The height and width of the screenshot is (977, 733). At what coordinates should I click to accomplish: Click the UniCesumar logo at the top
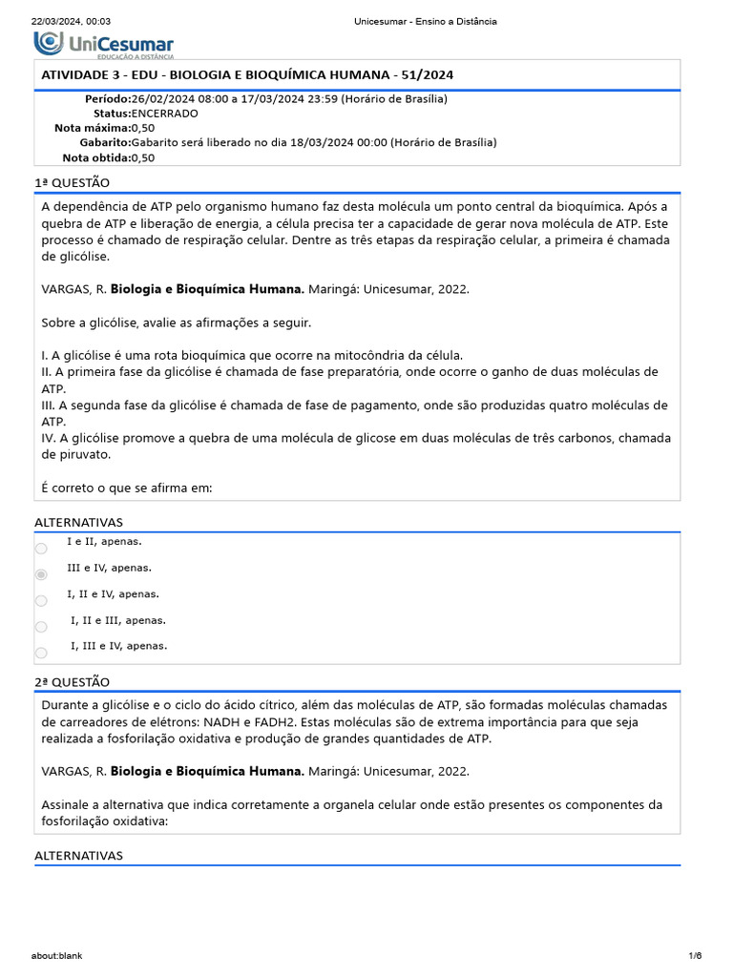104,43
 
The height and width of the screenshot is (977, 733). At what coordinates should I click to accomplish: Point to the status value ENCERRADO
165,113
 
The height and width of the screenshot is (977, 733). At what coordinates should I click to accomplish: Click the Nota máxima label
92,127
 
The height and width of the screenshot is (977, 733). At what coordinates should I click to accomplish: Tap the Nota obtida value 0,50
143,157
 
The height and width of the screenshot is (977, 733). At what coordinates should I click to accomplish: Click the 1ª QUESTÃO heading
73,182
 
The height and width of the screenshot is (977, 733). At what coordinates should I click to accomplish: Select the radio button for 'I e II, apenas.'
40,549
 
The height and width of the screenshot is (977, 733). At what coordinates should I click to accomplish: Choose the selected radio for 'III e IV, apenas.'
40,574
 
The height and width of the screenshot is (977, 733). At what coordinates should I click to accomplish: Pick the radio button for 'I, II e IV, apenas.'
40,601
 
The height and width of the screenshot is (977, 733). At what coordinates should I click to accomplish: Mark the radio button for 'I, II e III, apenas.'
40,627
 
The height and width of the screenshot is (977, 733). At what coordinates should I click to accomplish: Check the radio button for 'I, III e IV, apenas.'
40,653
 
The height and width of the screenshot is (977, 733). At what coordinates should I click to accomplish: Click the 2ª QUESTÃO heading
73,682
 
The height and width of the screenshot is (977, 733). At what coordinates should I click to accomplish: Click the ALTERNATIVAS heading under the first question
79,523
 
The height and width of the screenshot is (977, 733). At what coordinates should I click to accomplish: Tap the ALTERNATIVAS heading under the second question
79,856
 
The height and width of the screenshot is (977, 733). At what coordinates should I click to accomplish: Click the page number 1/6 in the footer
695,956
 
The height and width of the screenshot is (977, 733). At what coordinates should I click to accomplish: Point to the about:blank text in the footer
56,956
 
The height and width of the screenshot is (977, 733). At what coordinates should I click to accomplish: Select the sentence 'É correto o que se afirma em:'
127,488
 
